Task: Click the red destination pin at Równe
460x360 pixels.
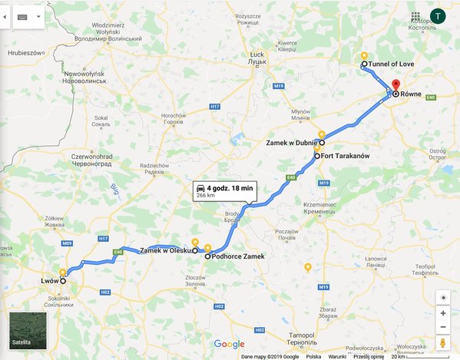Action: [395, 85]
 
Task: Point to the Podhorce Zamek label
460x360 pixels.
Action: [239, 257]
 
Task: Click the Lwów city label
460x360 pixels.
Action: [49, 281]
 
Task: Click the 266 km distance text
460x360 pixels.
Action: [206, 196]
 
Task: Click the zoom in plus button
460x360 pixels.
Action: [444, 313]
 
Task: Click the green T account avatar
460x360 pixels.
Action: [438, 16]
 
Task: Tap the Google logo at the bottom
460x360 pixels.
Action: [229, 344]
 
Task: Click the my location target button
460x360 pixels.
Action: [444, 297]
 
